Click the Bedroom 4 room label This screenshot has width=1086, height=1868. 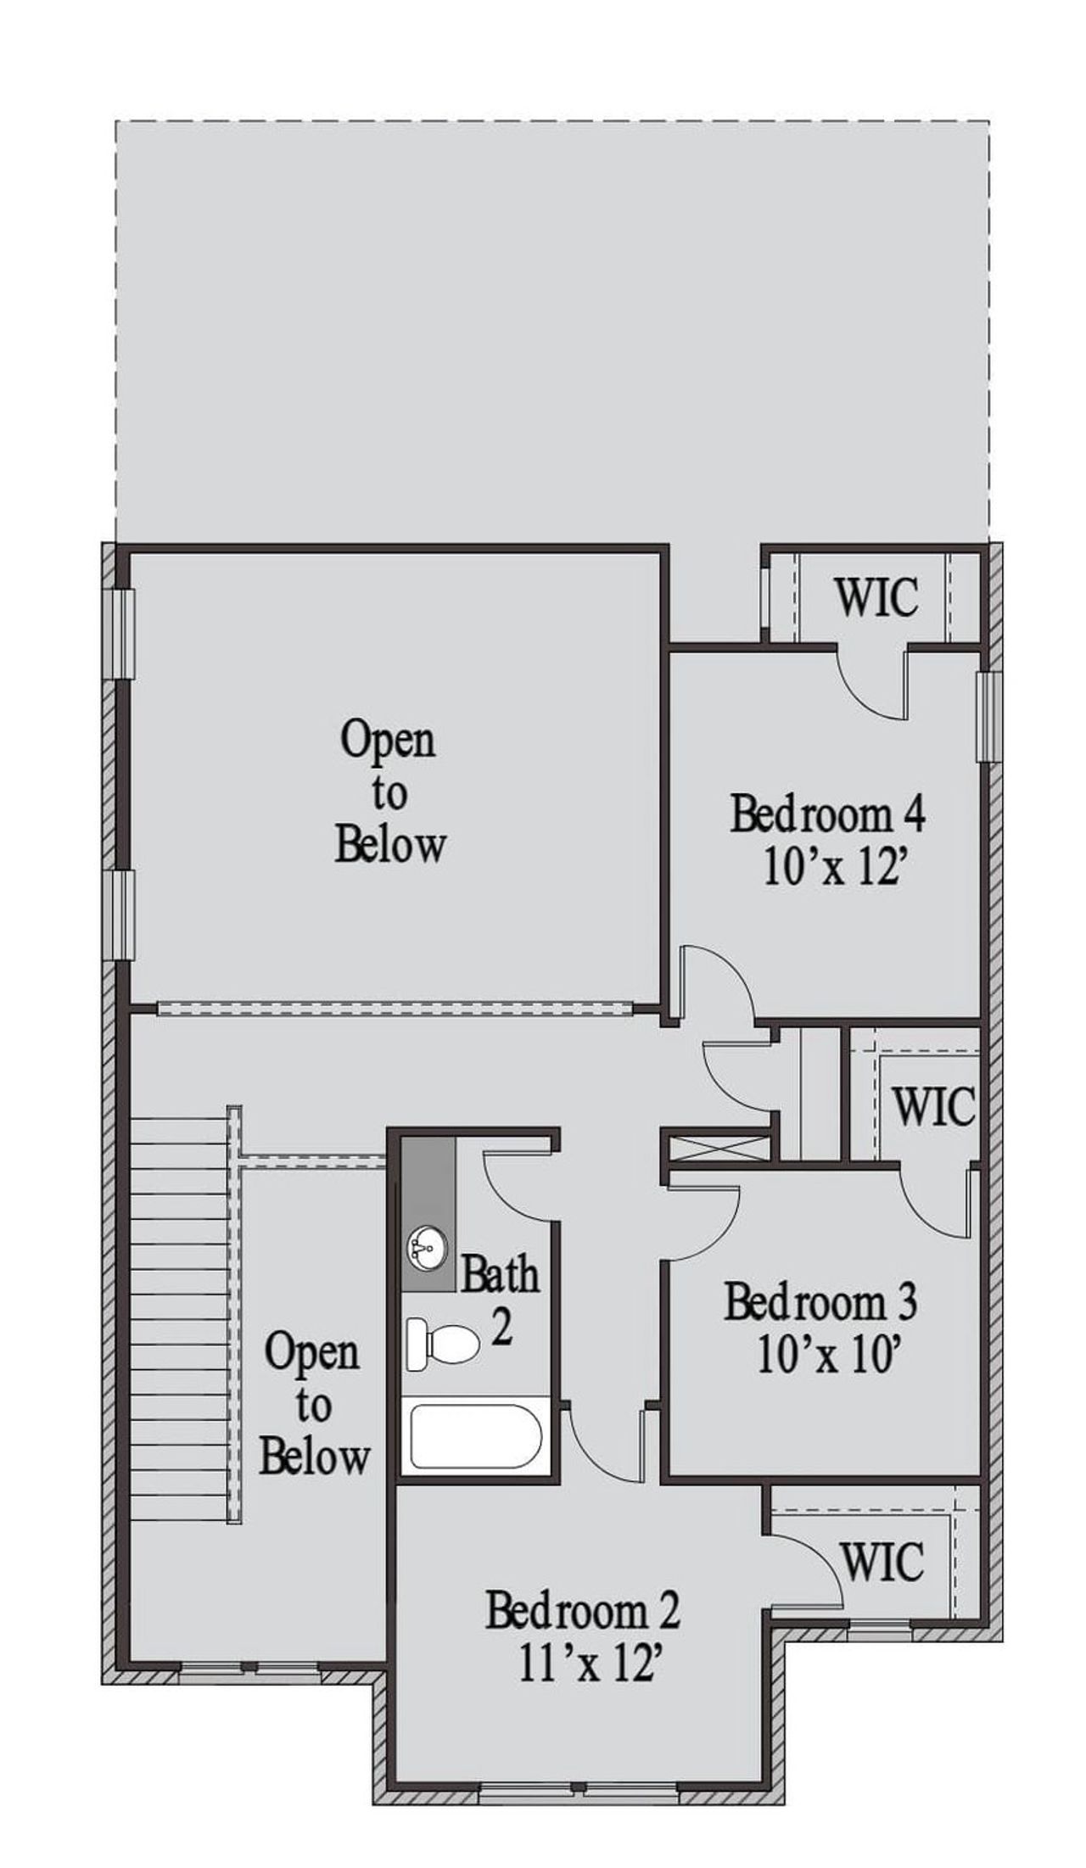(x=827, y=814)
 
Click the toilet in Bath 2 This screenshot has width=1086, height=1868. (x=442, y=1344)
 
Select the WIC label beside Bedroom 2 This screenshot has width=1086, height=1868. (x=883, y=1560)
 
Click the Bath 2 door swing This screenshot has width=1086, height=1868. (x=518, y=1188)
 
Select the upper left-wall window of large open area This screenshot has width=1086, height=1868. (x=126, y=633)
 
